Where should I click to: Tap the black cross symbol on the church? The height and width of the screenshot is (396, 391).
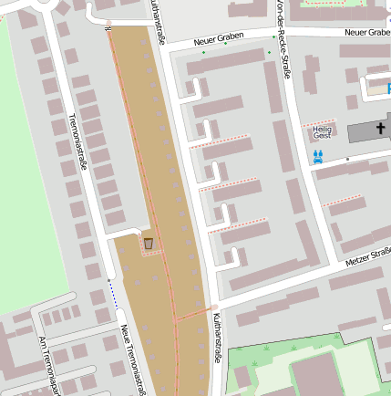point(381,130)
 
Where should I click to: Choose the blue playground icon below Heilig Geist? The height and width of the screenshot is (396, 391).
point(318,157)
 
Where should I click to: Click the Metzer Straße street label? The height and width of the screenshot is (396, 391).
point(367,263)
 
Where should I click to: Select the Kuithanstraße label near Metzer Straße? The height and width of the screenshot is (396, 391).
point(217,338)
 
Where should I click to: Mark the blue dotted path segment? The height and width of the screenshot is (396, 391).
point(114,294)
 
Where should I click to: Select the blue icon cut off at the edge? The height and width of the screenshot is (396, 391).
point(388,89)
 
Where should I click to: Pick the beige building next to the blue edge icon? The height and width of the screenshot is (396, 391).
point(374,86)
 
